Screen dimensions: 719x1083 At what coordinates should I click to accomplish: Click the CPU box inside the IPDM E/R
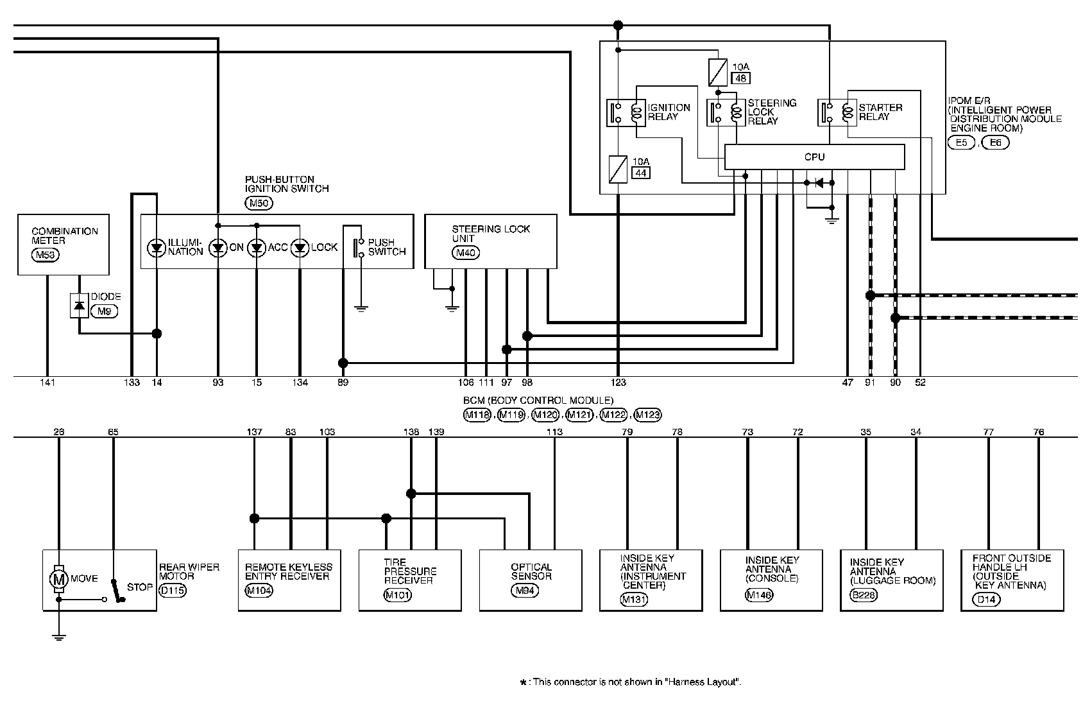click(x=814, y=157)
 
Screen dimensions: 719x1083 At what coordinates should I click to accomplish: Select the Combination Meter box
click(x=63, y=245)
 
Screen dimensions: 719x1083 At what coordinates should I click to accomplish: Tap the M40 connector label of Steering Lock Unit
click(x=465, y=253)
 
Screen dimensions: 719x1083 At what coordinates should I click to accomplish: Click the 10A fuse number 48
click(x=739, y=79)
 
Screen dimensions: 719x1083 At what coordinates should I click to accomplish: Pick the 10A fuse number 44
click(x=640, y=172)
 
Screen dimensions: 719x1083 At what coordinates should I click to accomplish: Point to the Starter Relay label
click(x=880, y=112)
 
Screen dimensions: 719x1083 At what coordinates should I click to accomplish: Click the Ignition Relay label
click(x=669, y=112)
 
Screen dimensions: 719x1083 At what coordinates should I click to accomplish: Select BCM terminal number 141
click(x=47, y=383)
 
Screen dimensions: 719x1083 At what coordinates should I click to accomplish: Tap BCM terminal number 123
click(x=618, y=383)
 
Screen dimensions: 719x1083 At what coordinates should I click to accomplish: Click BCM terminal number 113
click(x=554, y=432)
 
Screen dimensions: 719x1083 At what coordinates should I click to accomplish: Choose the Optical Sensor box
click(x=531, y=580)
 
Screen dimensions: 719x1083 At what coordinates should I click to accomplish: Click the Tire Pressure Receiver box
click(x=409, y=580)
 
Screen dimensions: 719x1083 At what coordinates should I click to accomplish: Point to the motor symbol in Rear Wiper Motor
click(x=58, y=578)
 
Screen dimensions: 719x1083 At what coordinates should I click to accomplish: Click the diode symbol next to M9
click(x=79, y=306)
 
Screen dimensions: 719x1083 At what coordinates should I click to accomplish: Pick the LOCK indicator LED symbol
click(x=300, y=248)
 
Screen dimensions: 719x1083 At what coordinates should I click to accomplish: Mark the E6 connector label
click(x=995, y=143)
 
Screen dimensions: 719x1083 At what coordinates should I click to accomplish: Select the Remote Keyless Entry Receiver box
click(x=289, y=580)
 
